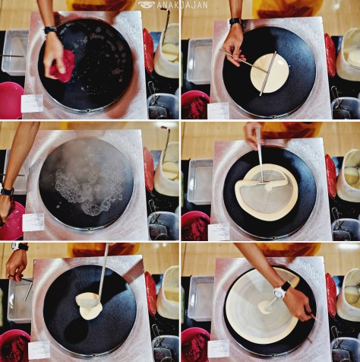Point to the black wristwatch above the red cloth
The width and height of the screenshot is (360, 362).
click(x=50, y=30)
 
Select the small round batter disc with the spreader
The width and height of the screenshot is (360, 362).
click(x=270, y=72)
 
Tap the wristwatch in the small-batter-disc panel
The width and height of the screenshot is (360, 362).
click(x=235, y=22)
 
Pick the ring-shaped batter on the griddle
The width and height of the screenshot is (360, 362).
click(x=265, y=191)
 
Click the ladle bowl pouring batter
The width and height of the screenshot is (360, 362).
click(x=88, y=301)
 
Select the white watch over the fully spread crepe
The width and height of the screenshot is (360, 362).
click(x=282, y=290)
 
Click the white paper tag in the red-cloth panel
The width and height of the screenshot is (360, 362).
click(x=31, y=103)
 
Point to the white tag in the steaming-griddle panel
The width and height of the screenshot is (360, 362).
click(x=33, y=222)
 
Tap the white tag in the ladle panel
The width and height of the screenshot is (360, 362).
click(x=36, y=347)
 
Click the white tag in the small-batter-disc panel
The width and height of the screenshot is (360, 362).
click(x=217, y=110)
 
